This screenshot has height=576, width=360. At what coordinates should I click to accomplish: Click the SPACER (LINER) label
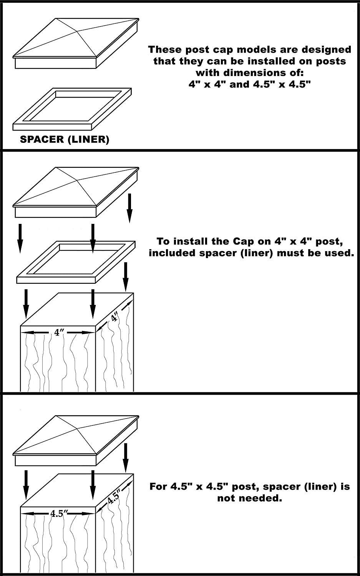click(x=65, y=139)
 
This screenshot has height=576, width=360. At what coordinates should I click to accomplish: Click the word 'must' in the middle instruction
click(x=289, y=253)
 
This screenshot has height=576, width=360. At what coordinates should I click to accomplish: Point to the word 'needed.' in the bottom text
click(x=250, y=498)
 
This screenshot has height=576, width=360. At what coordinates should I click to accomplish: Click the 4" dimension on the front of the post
click(x=59, y=333)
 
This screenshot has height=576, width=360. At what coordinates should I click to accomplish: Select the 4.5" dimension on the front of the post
click(x=59, y=513)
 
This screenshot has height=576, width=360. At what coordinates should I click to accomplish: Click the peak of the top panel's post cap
click(x=77, y=31)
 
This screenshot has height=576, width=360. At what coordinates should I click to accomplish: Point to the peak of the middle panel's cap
click(x=77, y=180)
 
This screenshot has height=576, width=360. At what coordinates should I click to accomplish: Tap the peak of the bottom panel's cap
click(x=77, y=429)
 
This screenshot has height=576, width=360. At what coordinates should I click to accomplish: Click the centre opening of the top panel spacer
click(x=75, y=109)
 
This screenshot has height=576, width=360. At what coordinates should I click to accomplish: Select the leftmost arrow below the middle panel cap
click(x=20, y=238)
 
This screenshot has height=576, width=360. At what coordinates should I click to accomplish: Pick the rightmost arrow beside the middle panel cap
click(x=130, y=208)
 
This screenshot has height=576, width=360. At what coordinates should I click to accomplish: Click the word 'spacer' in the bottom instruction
click(x=282, y=487)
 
